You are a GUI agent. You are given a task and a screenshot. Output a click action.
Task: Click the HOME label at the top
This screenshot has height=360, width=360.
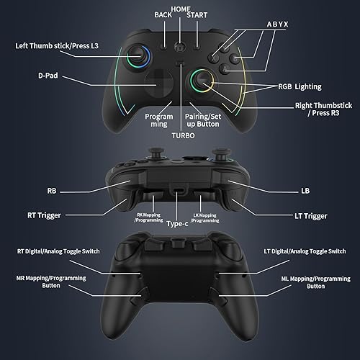point(181,8)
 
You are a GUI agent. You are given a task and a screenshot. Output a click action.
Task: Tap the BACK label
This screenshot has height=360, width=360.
point(163,15)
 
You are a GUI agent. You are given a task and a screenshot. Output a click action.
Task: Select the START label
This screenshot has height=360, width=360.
point(197,15)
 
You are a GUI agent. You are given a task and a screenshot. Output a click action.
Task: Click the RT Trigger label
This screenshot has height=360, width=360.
point(44,215)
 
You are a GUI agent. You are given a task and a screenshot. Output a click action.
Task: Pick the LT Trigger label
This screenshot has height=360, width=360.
point(312,216)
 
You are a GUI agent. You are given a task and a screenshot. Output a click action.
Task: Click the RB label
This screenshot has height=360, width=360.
point(52,192)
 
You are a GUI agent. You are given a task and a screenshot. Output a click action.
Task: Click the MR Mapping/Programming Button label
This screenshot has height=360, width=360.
point(51,282)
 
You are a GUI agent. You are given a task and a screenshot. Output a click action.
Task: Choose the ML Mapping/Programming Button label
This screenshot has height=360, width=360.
point(306,282)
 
